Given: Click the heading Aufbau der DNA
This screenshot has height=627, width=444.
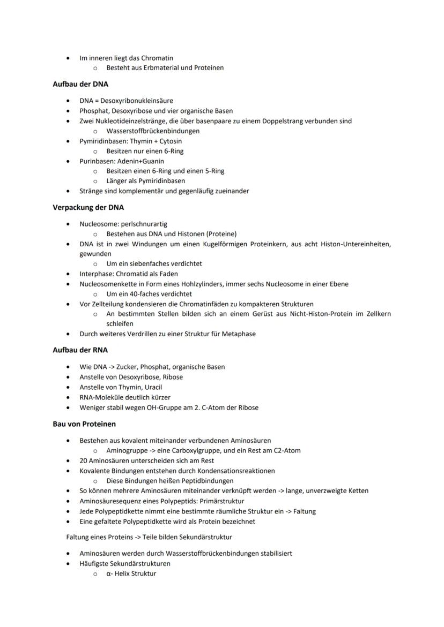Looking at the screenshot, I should click(x=80, y=84).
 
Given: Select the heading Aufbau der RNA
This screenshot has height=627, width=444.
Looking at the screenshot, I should click(x=80, y=350).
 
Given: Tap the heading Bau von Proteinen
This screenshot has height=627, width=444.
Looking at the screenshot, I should click(x=84, y=424).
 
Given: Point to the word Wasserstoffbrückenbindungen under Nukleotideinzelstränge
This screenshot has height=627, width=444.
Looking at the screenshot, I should click(x=153, y=131).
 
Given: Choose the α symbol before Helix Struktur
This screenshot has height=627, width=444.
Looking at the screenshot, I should click(x=108, y=573).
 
